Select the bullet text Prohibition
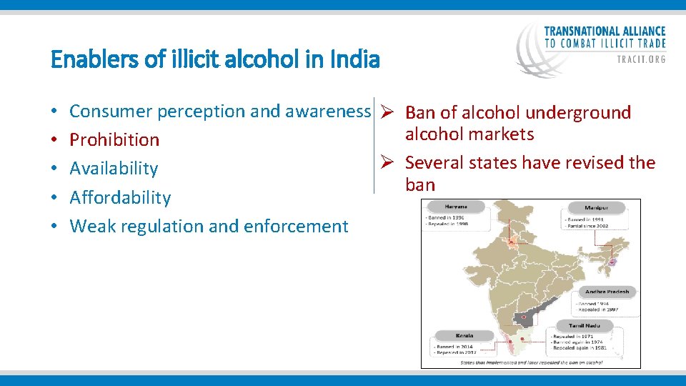(114, 139)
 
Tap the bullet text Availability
(114, 168)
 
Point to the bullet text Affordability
(120, 197)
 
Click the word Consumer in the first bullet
(111, 112)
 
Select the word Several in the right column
(434, 162)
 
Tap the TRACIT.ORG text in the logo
(641, 60)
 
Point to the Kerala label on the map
(464, 335)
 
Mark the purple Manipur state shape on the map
(612, 262)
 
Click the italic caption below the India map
(531, 362)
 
